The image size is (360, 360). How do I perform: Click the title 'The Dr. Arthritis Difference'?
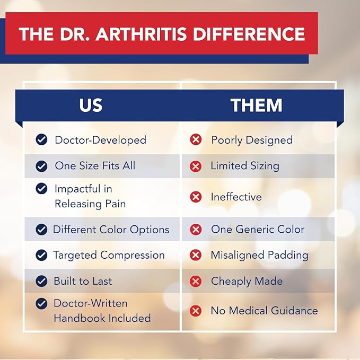(x=162, y=34)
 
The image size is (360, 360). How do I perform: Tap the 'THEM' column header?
(x=257, y=105)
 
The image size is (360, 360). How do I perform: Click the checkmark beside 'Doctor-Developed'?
(x=41, y=140)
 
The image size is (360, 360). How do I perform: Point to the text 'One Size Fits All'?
(x=95, y=165)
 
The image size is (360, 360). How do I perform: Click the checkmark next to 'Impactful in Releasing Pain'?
(x=41, y=189)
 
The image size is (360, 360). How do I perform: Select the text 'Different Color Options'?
(x=111, y=230)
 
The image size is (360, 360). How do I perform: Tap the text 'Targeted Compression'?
(x=109, y=255)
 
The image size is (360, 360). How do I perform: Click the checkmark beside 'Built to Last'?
(x=41, y=281)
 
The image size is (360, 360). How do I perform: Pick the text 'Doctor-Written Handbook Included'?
(x=102, y=311)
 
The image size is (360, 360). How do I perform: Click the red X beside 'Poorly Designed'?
(x=196, y=140)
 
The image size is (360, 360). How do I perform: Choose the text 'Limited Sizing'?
(x=245, y=165)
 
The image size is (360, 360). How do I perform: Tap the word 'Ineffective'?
(x=236, y=197)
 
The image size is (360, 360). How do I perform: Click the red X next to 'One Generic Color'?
(x=196, y=230)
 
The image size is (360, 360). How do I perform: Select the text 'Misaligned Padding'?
(x=259, y=255)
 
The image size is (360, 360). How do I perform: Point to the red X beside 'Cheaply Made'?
(x=196, y=281)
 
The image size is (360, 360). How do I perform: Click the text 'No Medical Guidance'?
(x=264, y=311)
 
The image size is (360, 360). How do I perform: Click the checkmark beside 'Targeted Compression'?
(x=41, y=255)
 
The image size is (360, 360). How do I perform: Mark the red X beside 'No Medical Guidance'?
(x=196, y=311)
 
